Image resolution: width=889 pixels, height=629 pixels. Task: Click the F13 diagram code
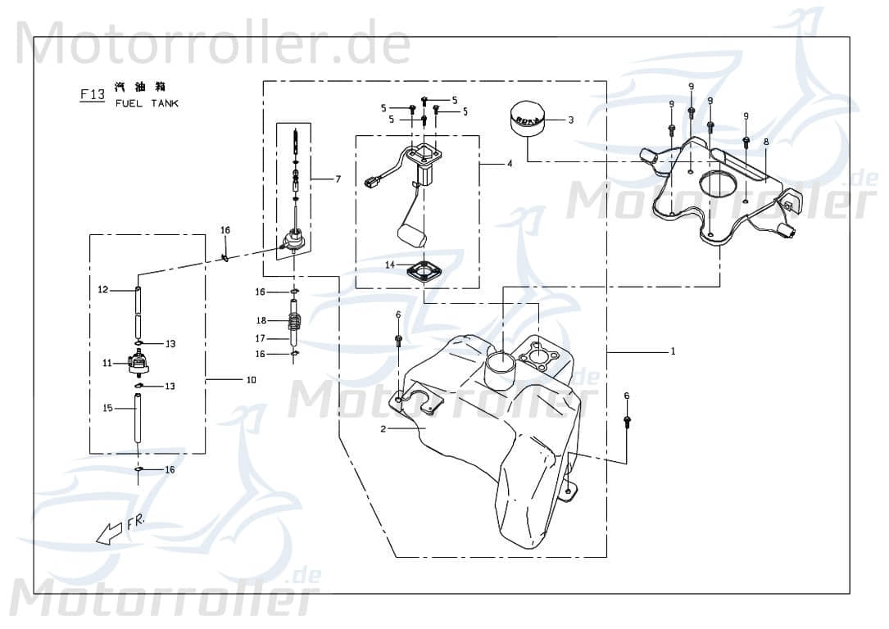coord(92,94)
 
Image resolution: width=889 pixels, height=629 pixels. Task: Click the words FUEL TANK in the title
coord(147,103)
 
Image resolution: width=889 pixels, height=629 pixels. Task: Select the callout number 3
coord(571,120)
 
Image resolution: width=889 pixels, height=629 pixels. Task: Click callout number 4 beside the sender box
coord(510,164)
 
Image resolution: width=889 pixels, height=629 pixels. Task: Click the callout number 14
coord(391,265)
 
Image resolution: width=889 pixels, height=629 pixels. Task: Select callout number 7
coord(338,179)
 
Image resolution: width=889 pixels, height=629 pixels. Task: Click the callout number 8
coord(766,142)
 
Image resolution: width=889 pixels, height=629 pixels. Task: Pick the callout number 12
coord(103,289)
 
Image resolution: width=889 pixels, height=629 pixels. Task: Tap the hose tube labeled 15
coord(138,419)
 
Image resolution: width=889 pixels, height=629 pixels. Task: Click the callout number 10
coord(251,380)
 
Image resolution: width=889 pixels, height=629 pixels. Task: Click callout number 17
coord(260,338)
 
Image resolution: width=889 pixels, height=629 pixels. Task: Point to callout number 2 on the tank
coord(383,428)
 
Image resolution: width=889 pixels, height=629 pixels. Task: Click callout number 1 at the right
coord(672,351)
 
